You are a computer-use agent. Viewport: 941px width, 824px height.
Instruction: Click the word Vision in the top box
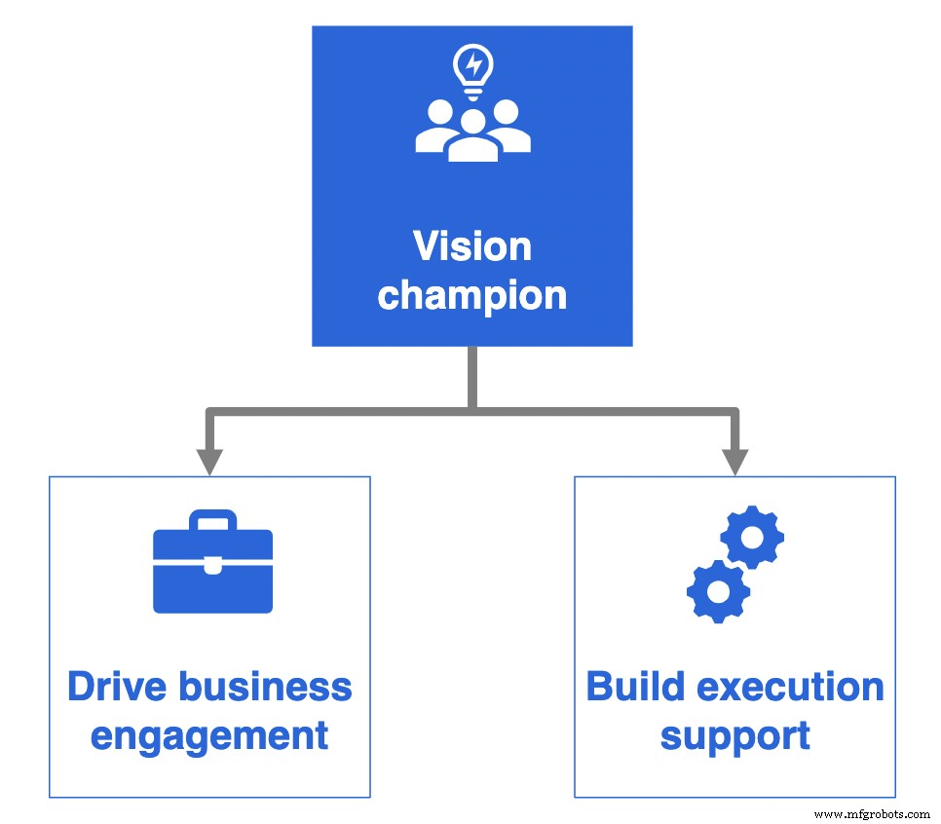pyautogui.click(x=472, y=246)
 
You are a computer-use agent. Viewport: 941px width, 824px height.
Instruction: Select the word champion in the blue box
pyautogui.click(x=472, y=294)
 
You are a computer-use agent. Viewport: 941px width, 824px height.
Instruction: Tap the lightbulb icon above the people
pyautogui.click(x=473, y=70)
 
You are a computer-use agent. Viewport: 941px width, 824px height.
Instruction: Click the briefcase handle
pyautogui.click(x=213, y=520)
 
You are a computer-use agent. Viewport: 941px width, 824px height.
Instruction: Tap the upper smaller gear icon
pyautogui.click(x=752, y=537)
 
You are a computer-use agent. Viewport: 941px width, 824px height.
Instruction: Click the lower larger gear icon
pyautogui.click(x=718, y=590)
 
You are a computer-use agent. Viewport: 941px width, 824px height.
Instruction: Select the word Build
pyautogui.click(x=634, y=688)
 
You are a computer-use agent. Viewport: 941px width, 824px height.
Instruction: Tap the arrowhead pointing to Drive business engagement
pyautogui.click(x=209, y=461)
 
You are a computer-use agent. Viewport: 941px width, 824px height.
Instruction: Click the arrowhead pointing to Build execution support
pyautogui.click(x=735, y=461)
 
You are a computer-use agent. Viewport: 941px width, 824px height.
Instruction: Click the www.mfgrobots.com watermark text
pyautogui.click(x=871, y=813)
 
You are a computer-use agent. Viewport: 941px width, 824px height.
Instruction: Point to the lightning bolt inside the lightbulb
pyautogui.click(x=473, y=64)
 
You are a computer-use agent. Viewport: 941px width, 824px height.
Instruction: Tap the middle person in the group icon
pyautogui.click(x=473, y=136)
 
